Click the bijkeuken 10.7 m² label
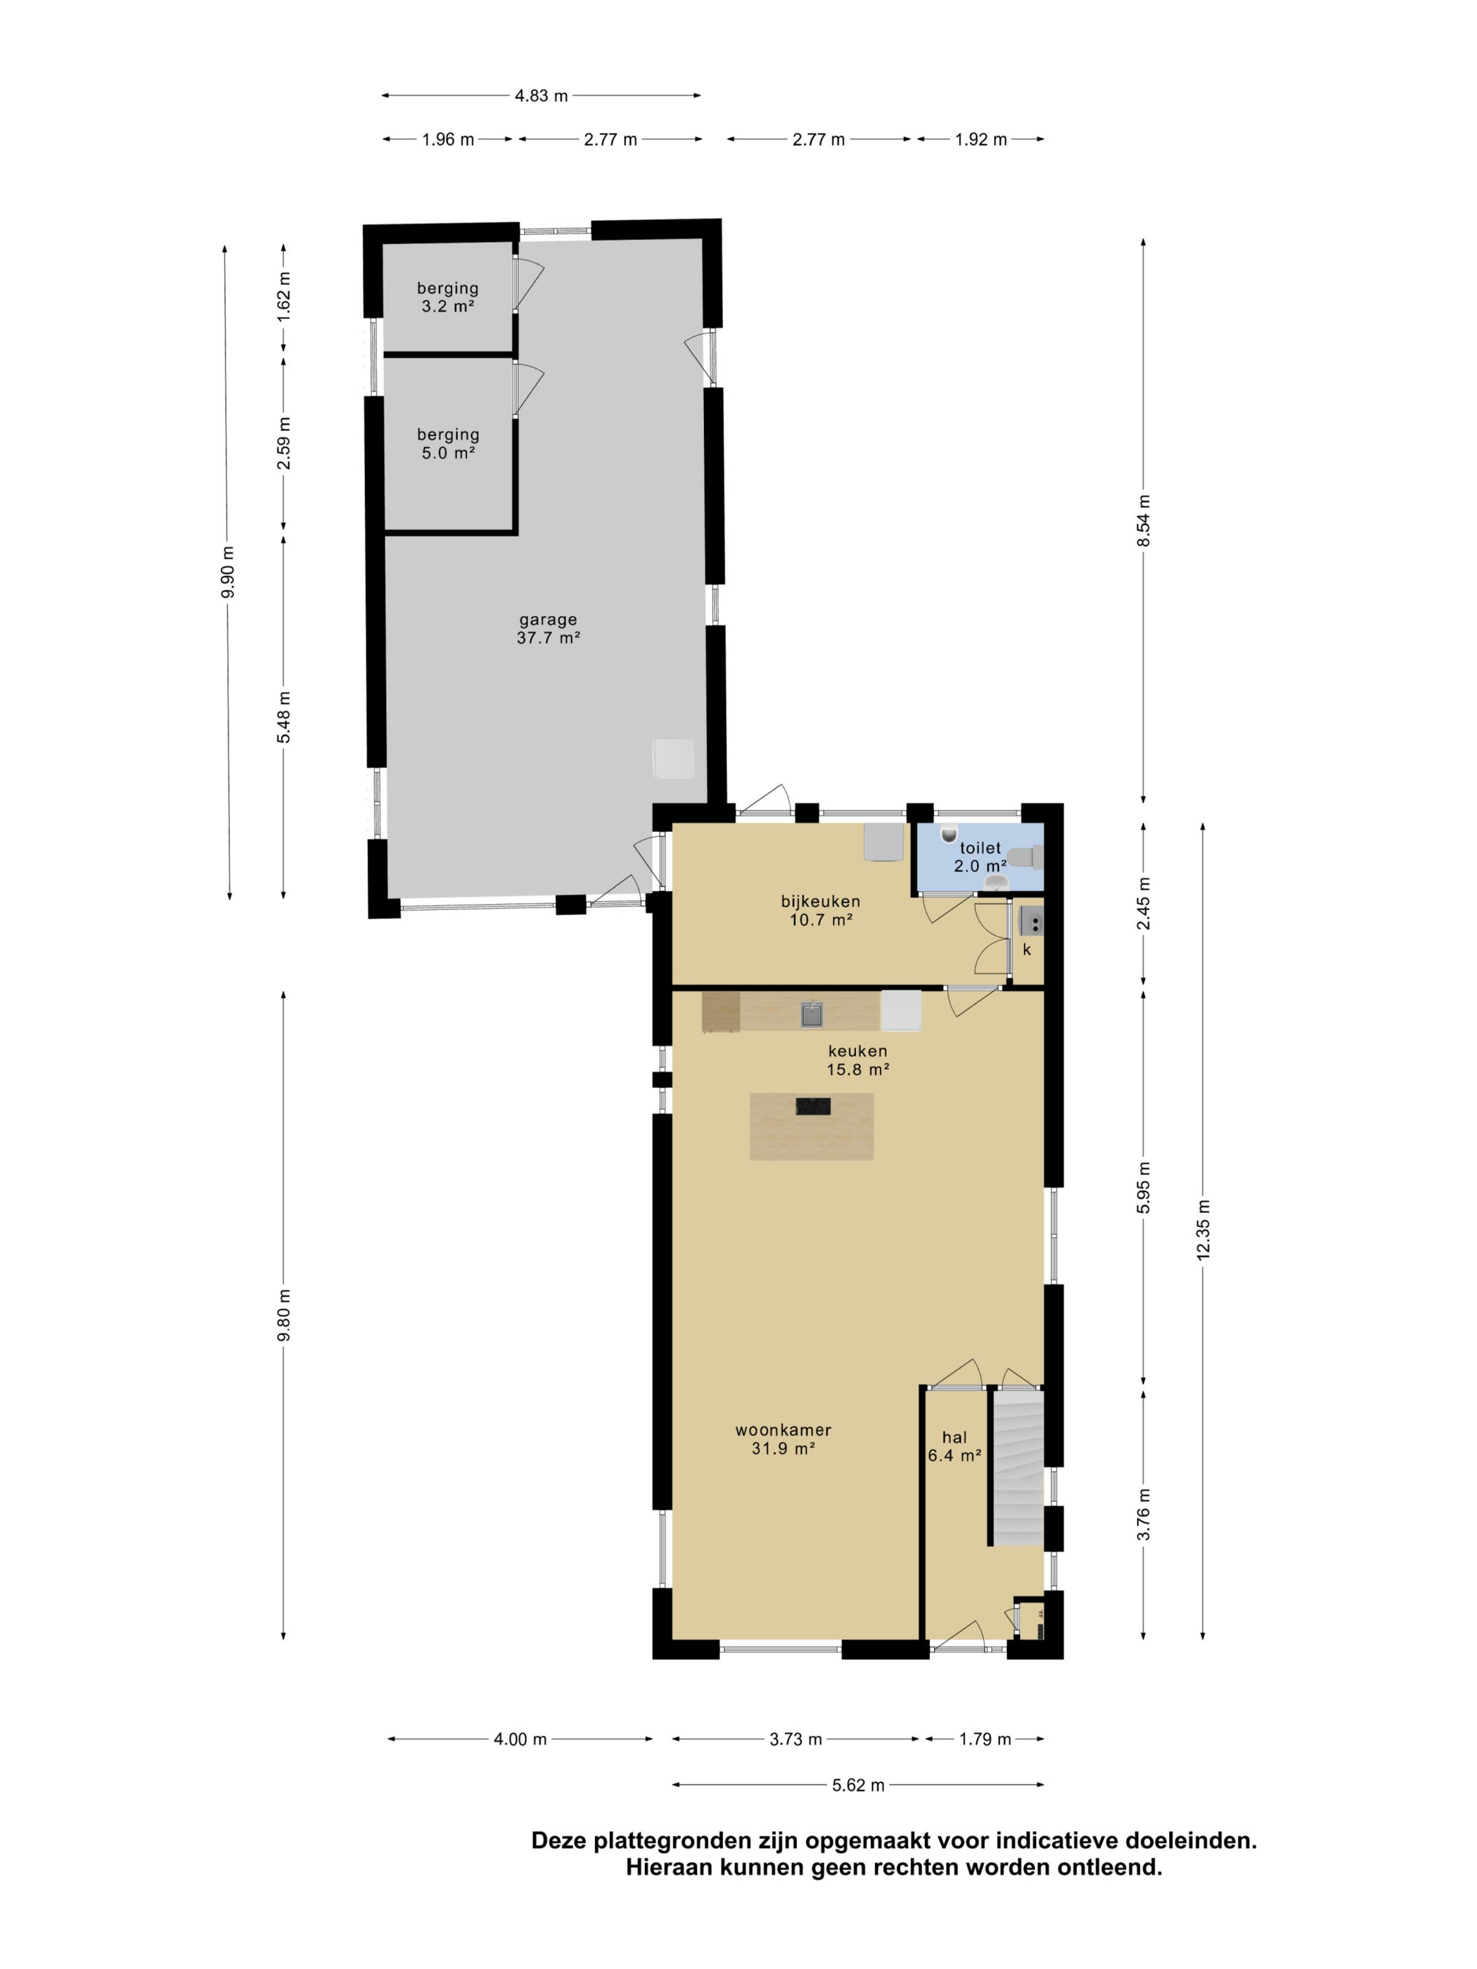[820, 910]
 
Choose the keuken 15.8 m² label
[857, 1059]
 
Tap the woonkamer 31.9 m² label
[783, 1439]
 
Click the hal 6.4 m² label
[954, 1446]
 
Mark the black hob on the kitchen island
[812, 1105]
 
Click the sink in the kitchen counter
[810, 1013]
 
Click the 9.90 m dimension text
[229, 572]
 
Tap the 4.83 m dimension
[540, 95]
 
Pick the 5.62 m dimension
[857, 1785]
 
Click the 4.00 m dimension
[520, 1739]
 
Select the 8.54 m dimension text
[1143, 521]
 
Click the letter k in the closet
[1025, 950]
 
